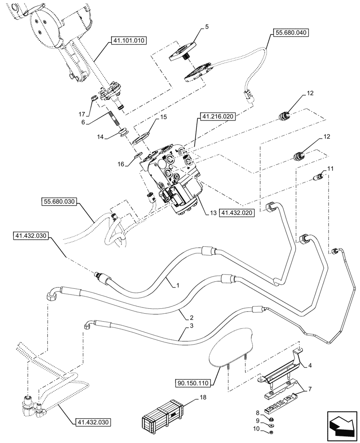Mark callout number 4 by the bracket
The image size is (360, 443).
[309, 365]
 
